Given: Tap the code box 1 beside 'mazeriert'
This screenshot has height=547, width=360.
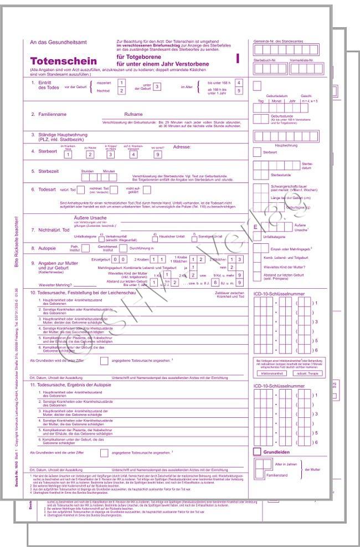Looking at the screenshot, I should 122,83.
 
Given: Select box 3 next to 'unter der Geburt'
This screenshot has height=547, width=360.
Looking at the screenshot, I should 157,86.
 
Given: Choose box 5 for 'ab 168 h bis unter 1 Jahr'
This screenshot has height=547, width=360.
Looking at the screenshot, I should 239,91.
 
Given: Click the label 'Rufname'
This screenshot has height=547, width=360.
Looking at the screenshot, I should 133,114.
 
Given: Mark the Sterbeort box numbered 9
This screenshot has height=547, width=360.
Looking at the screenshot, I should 158,155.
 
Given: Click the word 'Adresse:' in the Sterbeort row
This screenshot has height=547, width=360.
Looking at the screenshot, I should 183,147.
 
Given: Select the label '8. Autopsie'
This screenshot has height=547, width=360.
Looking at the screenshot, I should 45,248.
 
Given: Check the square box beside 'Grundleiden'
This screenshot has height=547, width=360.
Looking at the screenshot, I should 257,452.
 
